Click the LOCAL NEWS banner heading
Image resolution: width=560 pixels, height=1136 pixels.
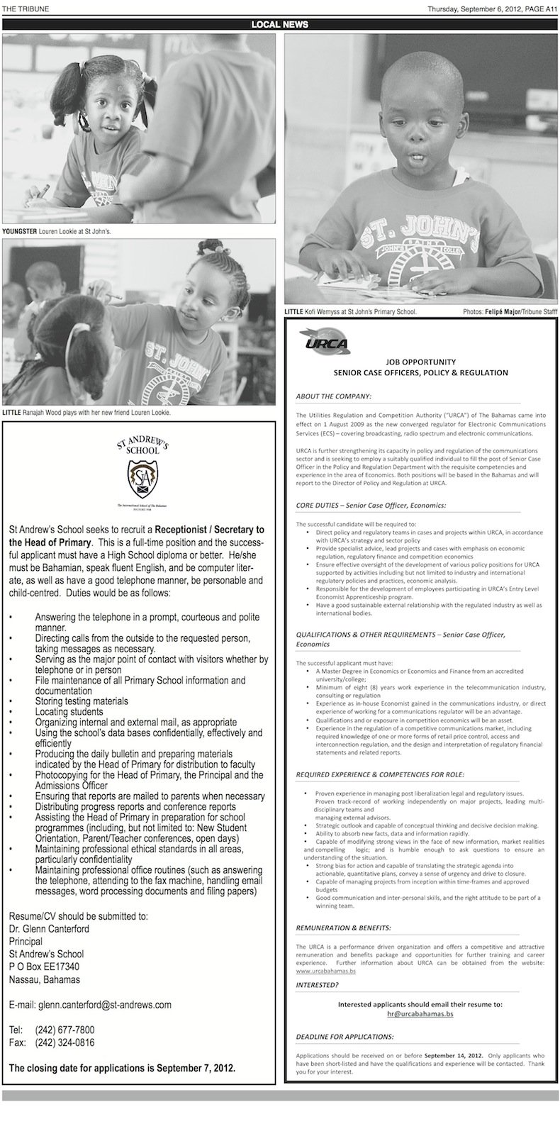(x=279, y=24)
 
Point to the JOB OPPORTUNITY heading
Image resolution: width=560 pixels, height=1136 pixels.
(x=421, y=360)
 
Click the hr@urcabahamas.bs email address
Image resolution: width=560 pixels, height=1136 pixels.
(x=420, y=1015)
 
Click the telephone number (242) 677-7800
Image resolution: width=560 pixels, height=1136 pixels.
(x=65, y=1030)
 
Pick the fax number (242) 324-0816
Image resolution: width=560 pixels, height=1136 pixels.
(x=65, y=1042)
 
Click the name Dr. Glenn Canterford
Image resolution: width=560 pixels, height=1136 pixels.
(x=49, y=928)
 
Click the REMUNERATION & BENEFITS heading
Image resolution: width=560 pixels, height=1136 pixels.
(x=343, y=928)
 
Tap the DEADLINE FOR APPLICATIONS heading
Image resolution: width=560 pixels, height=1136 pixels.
(x=345, y=1037)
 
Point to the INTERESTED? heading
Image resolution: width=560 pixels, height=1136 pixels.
(x=317, y=985)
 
